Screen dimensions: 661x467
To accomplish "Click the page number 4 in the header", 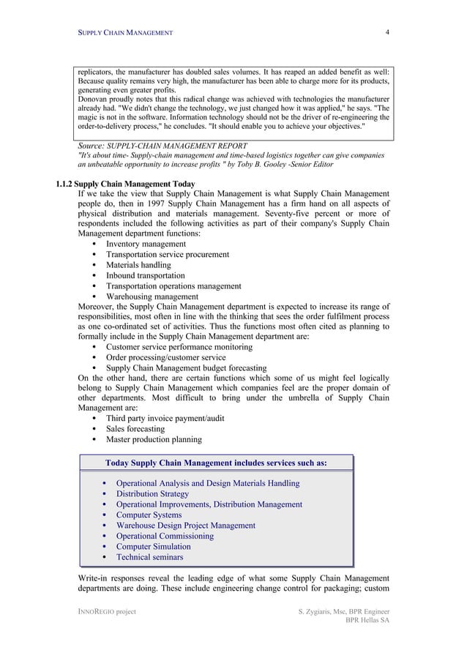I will (387, 32).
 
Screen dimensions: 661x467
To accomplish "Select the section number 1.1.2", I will (64, 184).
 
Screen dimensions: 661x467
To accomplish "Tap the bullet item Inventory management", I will (146, 244).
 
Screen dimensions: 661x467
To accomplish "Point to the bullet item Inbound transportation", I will (146, 276).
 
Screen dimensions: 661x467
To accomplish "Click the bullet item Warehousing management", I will (152, 297).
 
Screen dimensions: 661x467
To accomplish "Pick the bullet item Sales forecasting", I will (135, 429).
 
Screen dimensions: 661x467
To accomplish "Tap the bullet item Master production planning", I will (154, 440).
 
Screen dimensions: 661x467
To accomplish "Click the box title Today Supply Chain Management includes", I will (216, 463).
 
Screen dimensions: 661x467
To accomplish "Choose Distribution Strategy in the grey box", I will (152, 494).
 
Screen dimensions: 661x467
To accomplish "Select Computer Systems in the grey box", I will (149, 515).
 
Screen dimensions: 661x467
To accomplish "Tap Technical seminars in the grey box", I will (149, 558).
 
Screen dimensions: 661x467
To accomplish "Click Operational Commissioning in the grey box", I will (165, 537).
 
